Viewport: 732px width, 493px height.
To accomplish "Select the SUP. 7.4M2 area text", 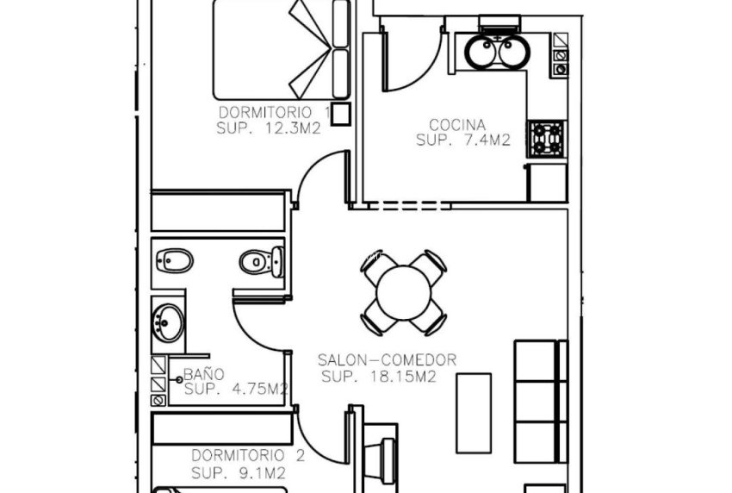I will pos(463,140).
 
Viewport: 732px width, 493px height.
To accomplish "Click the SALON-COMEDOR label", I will pos(387,360).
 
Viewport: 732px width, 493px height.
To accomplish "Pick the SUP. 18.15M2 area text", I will pos(378,377).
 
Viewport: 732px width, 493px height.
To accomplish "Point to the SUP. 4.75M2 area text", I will pos(235,390).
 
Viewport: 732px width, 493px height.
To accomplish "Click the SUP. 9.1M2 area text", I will pos(238,472).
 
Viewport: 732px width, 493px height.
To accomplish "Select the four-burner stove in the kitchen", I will pos(548,137).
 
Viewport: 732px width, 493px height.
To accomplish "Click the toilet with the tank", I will pos(261,261).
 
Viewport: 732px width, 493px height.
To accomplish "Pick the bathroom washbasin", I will pos(166,321).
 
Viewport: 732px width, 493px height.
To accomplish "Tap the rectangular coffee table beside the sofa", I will pos(474,413).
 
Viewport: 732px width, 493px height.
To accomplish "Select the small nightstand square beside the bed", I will pos(341,113).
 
